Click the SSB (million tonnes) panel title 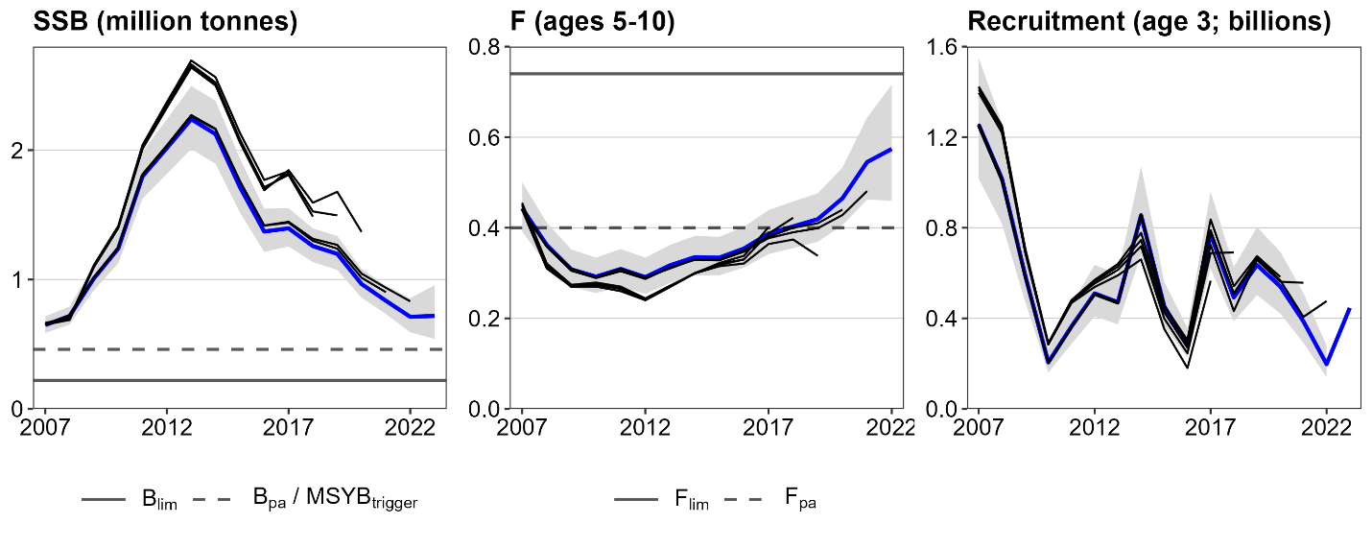click(x=165, y=22)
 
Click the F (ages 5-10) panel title click(x=570, y=22)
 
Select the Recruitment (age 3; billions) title click(x=1148, y=22)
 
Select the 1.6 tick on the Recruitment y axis click(x=944, y=47)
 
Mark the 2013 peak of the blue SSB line click(x=192, y=118)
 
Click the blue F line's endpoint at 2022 click(x=890, y=150)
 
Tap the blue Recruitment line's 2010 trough click(x=1050, y=363)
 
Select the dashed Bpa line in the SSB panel click(x=240, y=349)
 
